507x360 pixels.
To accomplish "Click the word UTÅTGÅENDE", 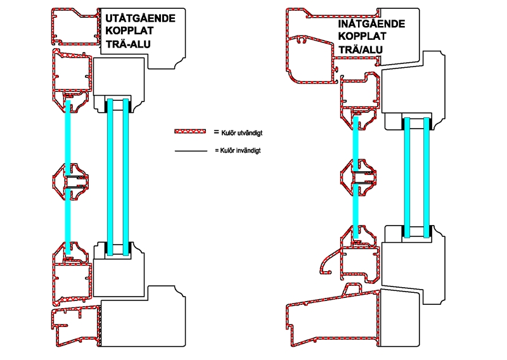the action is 140,18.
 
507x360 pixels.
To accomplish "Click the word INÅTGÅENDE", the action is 371,24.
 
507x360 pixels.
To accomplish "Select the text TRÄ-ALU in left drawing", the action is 128,44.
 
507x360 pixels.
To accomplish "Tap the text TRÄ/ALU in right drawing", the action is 361,49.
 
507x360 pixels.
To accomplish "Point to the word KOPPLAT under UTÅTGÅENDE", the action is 129,30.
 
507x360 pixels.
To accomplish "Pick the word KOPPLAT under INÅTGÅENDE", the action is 362,36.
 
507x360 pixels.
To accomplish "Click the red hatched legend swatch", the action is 190,131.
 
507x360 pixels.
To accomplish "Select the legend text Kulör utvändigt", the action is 242,132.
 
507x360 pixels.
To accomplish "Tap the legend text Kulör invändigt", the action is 240,150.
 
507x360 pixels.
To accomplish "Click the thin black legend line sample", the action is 191,151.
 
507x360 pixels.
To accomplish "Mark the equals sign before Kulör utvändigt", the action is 216,132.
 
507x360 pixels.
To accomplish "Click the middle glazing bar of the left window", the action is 71,181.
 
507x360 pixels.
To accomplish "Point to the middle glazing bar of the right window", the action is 359,177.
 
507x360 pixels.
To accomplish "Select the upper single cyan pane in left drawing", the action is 68,138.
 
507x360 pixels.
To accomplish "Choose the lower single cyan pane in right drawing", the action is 356,211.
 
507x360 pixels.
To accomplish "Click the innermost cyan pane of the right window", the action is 427,177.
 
